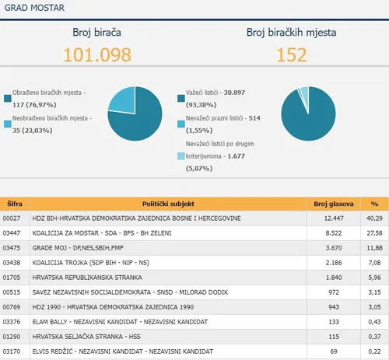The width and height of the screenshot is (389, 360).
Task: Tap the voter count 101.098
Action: [x=97, y=54]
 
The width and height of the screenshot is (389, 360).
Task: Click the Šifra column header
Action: [x=15, y=203]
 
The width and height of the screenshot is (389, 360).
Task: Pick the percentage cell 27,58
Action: [x=373, y=232]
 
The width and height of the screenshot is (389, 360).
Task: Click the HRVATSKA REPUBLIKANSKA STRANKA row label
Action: [x=86, y=277]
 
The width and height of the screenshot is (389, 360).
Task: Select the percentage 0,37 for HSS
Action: [x=375, y=337]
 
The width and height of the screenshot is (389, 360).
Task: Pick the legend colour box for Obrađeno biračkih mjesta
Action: [x=8, y=98]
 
